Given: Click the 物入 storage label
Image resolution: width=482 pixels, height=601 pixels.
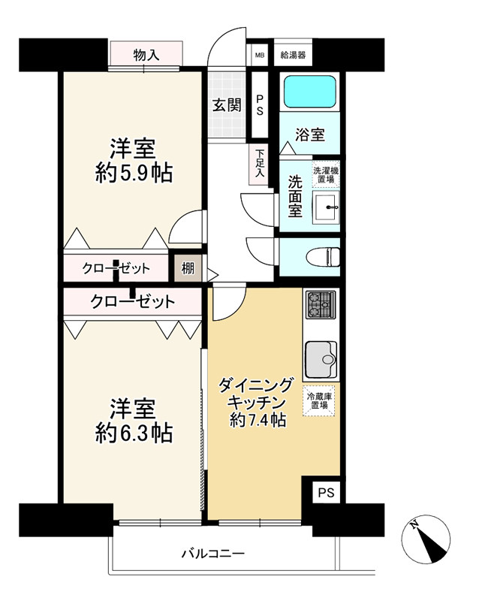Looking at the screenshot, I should pyautogui.click(x=146, y=54).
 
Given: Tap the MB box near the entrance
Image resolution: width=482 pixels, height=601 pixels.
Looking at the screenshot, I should pyautogui.click(x=259, y=54).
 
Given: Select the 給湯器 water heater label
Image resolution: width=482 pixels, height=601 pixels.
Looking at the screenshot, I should pyautogui.click(x=292, y=54).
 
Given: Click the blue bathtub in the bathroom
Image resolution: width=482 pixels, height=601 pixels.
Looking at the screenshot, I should pyautogui.click(x=309, y=93).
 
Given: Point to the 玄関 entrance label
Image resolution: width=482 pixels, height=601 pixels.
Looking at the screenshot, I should pyautogui.click(x=226, y=105).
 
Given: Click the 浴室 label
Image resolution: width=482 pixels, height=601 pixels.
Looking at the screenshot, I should pyautogui.click(x=309, y=135).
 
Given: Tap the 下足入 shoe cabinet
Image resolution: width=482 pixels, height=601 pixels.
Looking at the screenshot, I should pyautogui.click(x=258, y=161).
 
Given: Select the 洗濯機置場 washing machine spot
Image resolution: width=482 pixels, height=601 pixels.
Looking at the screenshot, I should pyautogui.click(x=326, y=176).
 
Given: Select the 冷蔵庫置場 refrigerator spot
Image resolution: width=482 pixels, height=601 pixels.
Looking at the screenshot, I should pyautogui.click(x=319, y=400).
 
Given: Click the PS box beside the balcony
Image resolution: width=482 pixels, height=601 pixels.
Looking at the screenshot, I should pyautogui.click(x=324, y=493).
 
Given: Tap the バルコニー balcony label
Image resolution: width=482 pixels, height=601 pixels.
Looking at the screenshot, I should pyautogui.click(x=212, y=554).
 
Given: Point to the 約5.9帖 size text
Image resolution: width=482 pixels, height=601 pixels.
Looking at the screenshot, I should pyautogui.click(x=134, y=174).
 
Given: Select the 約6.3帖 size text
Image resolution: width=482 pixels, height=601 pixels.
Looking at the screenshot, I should pyautogui.click(x=134, y=433).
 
